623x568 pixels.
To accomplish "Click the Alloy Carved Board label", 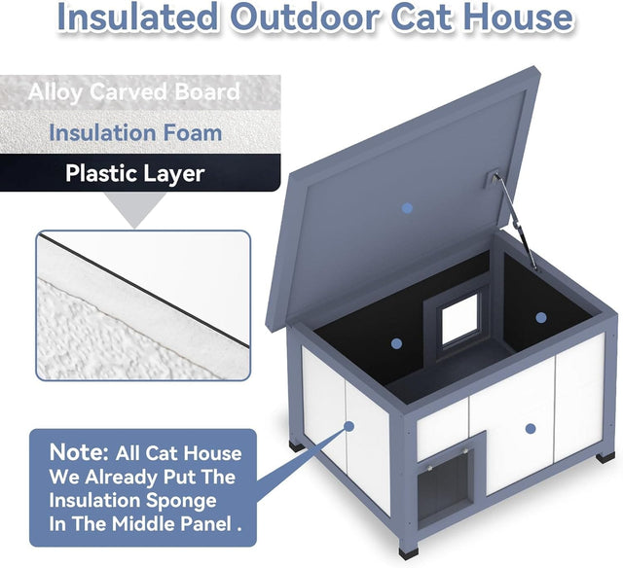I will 134,93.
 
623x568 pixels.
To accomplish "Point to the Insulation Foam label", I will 135,133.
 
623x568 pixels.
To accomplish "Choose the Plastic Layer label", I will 135,174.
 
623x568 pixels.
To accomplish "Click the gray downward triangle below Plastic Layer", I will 135,208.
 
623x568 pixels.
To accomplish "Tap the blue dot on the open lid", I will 408,208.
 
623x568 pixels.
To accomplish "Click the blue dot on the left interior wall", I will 396,343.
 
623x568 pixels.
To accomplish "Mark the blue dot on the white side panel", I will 348,425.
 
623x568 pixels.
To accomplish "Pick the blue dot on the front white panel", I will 530,427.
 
